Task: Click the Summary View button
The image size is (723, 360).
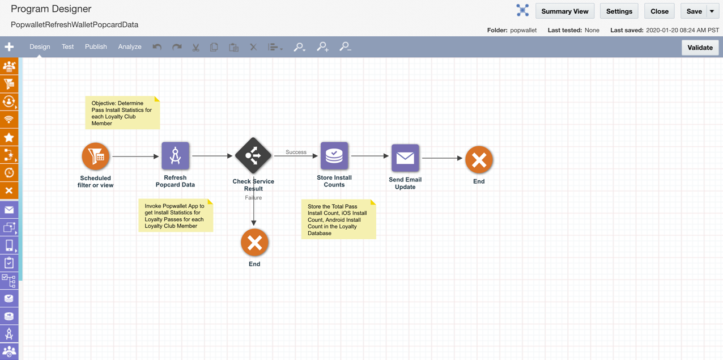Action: coord(565,11)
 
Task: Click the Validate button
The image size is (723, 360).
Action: coord(700,48)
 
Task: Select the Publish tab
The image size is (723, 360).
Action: coord(96,46)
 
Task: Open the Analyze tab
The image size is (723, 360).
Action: coord(130,46)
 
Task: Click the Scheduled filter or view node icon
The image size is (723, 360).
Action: coord(96,156)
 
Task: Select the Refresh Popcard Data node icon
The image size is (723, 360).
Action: coord(175,156)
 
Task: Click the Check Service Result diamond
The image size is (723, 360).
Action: coord(253,156)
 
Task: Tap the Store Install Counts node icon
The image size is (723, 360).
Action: coord(334,156)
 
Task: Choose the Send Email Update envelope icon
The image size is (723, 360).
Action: coord(405,158)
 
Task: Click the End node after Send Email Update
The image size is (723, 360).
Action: coord(479,160)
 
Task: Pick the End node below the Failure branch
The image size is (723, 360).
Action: coord(254,243)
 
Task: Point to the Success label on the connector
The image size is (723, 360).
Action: coord(296,152)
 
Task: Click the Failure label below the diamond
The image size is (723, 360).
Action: coord(253,198)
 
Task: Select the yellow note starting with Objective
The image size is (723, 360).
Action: coord(122,113)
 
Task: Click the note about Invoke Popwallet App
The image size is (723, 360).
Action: coord(176,215)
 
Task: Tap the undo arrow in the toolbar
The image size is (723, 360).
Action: coord(157,47)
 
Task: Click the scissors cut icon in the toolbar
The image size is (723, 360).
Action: coord(195,48)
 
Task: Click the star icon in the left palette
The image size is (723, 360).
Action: coord(9,138)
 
